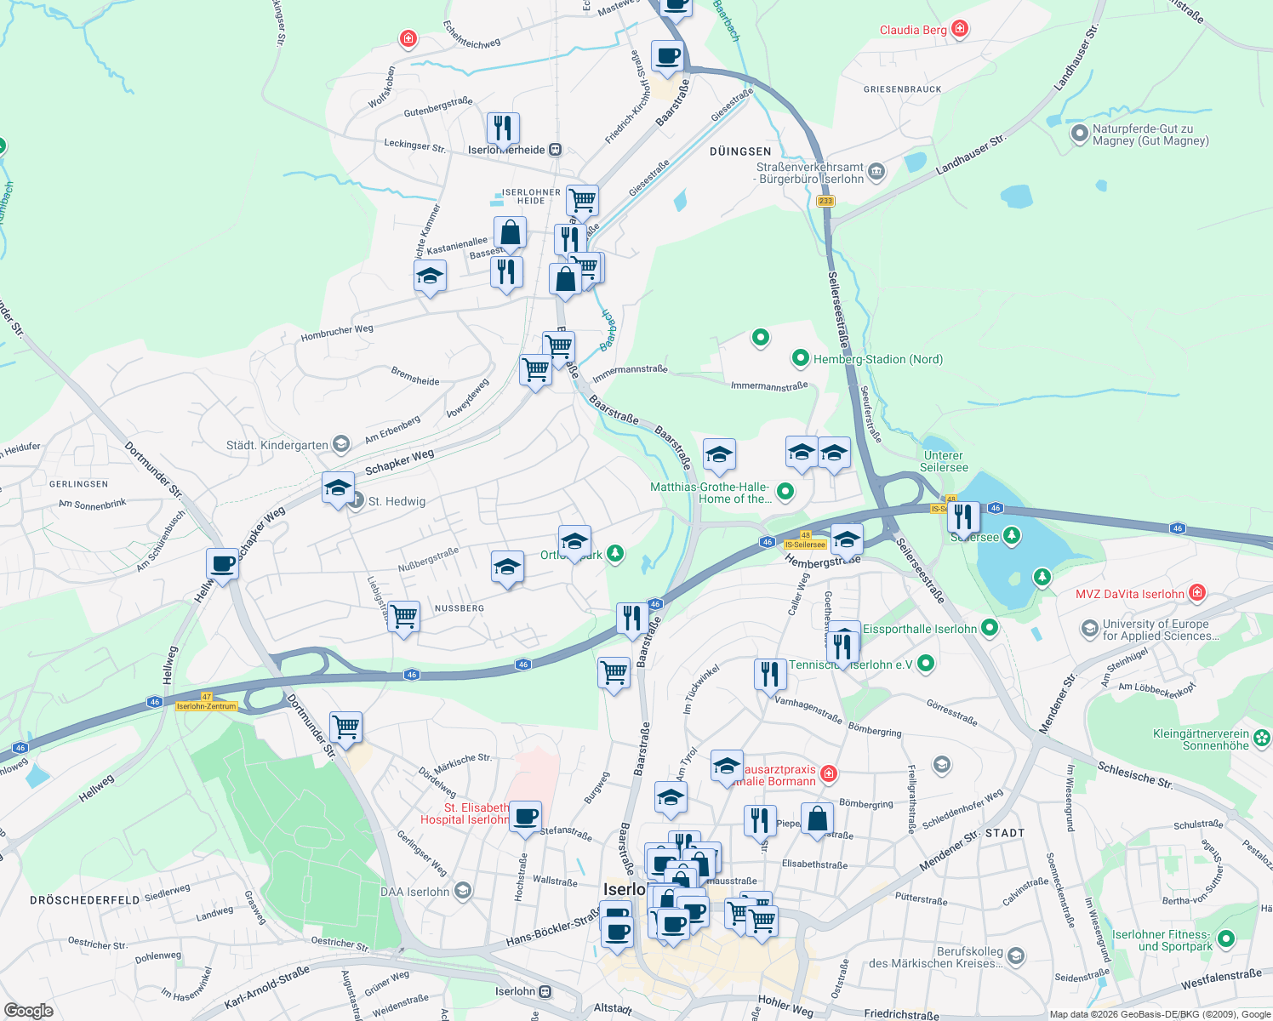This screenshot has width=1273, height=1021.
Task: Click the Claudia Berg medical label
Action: pos(913,30)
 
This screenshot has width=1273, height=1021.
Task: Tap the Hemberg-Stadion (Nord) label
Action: pos(877,359)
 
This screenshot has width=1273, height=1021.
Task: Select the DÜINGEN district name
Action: pos(740,151)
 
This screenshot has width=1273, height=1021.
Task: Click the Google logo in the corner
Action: pos(29,1011)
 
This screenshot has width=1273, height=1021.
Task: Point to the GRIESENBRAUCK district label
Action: pos(903,89)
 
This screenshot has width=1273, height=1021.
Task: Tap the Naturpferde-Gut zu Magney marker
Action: pos(1080,134)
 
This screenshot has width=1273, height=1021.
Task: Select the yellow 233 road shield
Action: pos(825,202)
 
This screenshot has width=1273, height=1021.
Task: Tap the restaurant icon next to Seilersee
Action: pos(963,516)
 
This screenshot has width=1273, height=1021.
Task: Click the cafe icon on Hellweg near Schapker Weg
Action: pos(222,563)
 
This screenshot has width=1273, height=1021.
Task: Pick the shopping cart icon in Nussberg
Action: pos(403,615)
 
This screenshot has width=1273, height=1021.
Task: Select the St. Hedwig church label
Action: pos(397,501)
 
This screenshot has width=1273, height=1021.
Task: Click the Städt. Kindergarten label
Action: pos(277,445)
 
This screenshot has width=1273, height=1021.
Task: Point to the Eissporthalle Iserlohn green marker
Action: pos(989,628)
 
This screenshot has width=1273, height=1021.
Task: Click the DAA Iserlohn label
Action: pos(415,892)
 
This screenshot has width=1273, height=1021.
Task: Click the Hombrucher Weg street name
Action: pos(337,333)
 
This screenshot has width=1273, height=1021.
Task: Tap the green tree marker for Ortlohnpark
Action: pos(615,554)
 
